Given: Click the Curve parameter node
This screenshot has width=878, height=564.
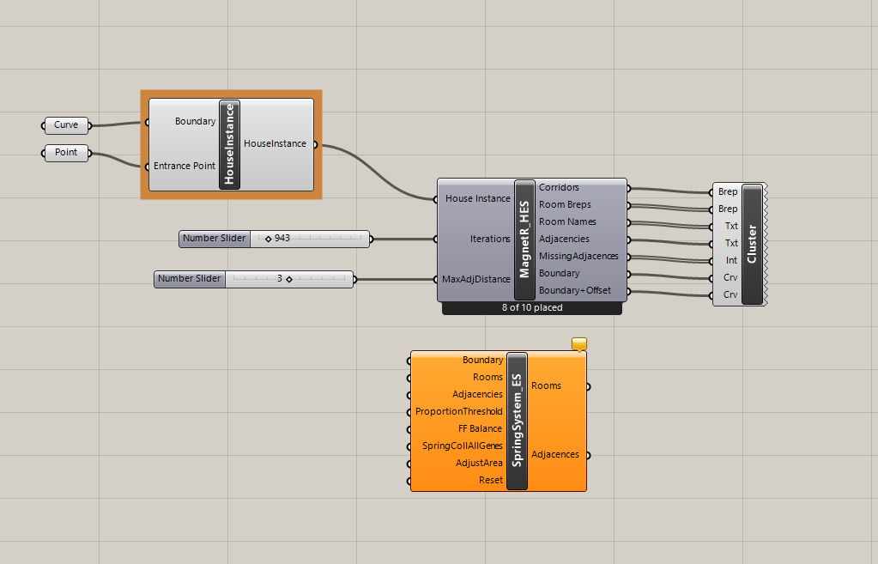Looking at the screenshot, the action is tap(66, 124).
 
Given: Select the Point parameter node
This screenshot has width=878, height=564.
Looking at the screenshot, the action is tap(66, 152).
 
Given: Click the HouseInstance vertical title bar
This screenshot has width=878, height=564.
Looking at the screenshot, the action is tap(229, 144).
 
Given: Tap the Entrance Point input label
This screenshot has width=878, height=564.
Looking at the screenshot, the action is tap(185, 166).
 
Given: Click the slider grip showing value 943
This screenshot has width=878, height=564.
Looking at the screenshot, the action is tap(269, 240).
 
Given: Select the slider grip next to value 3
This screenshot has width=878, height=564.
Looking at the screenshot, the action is tap(289, 279).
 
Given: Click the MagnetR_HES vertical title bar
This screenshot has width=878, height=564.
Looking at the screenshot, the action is tap(524, 240).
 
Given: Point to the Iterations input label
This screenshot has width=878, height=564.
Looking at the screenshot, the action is tap(490, 240).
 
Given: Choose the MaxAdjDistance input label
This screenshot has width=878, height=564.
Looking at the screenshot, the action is tap(476, 279).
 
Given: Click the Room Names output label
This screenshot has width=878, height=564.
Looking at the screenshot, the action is tap(567, 221).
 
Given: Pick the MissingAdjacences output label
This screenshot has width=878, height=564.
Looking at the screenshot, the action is tap(578, 256).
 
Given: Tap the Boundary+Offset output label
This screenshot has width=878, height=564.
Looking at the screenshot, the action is tap(574, 290).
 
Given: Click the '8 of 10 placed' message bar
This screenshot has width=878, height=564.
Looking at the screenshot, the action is tap(532, 308).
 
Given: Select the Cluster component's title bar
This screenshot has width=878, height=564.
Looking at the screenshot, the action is tap(752, 244).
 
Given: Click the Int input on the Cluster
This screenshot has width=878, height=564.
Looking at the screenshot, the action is tap(731, 260).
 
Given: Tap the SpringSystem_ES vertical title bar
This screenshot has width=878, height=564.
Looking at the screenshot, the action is tap(517, 421).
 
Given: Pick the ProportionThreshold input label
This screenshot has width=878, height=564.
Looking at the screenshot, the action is tap(458, 412).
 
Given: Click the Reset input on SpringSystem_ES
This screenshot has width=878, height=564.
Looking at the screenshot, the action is tap(491, 480).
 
